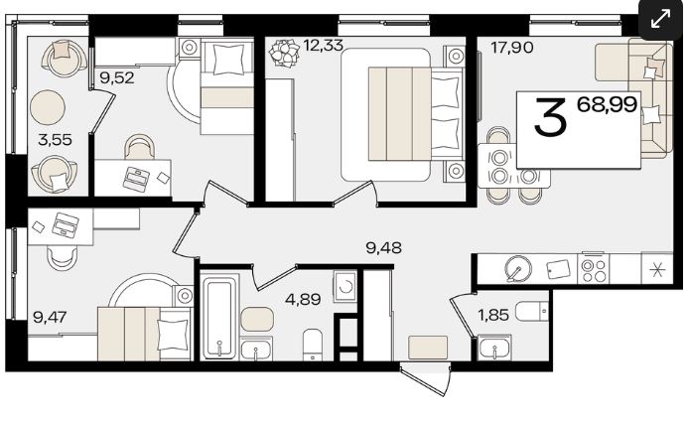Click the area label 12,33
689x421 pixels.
(323, 45)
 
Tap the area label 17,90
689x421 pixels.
(512, 47)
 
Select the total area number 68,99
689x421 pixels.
(607, 104)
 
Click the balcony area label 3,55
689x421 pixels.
(55, 140)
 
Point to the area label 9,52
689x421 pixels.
(116, 77)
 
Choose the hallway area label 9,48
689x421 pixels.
(383, 247)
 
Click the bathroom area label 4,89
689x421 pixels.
(303, 299)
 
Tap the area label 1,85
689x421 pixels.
(493, 315)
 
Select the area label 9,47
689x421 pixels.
(50, 317)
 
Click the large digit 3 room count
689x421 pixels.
(549, 117)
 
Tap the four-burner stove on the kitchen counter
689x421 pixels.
(595, 268)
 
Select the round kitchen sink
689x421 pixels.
(518, 268)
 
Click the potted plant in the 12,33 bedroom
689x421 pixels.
(284, 53)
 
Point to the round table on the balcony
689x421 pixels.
(48, 107)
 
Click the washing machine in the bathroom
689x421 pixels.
(344, 286)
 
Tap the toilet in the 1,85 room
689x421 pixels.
(532, 312)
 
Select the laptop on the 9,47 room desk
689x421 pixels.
(66, 224)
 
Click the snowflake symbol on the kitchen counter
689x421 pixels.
(657, 268)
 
